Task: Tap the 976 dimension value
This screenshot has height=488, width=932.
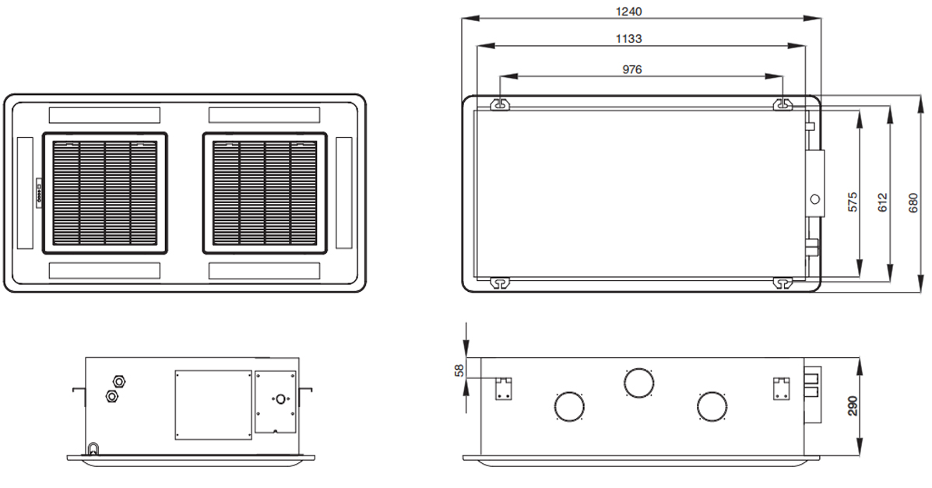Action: pyautogui.click(x=631, y=69)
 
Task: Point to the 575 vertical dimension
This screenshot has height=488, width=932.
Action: pyautogui.click(x=853, y=201)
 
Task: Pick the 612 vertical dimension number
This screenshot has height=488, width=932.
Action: pyautogui.click(x=882, y=201)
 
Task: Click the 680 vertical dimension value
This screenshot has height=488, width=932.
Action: pyautogui.click(x=913, y=201)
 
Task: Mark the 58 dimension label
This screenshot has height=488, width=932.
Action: pyautogui.click(x=459, y=370)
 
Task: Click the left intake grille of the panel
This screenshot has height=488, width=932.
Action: pyautogui.click(x=104, y=193)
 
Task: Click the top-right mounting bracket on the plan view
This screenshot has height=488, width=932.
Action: pyautogui.click(x=783, y=104)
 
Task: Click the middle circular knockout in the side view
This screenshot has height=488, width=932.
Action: pyautogui.click(x=638, y=381)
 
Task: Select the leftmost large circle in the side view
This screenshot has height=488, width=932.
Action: pyautogui.click(x=568, y=405)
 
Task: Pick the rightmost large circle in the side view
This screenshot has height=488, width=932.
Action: pyautogui.click(x=712, y=405)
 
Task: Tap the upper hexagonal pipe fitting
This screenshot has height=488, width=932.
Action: pyautogui.click(x=120, y=381)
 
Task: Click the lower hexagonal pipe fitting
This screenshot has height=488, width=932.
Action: pyautogui.click(x=111, y=396)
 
